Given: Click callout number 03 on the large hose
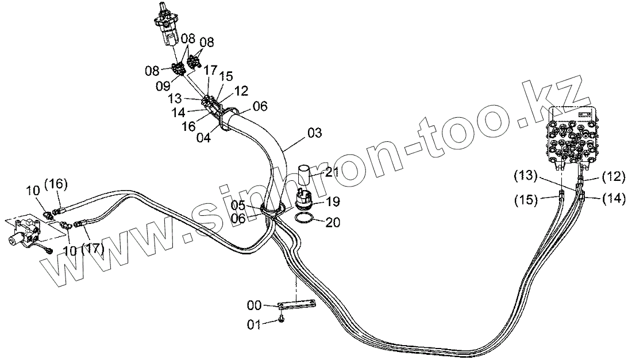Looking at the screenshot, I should click(x=314, y=133).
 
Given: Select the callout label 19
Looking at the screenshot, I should click(x=333, y=202).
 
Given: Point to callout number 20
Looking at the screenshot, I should click(x=333, y=223).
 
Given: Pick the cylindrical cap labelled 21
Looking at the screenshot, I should click(x=305, y=173).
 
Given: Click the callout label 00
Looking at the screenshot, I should click(x=255, y=304).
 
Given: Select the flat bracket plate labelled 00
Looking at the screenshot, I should click(x=297, y=305).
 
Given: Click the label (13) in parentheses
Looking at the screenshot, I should click(x=526, y=174).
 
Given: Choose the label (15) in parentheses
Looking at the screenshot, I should click(x=526, y=200).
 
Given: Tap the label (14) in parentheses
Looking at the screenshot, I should click(x=613, y=199).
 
